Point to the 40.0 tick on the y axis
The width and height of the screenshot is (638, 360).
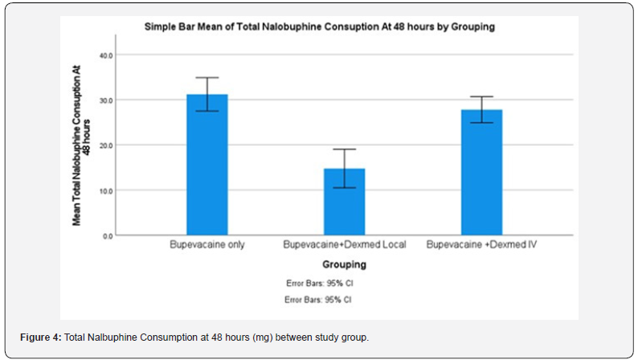[x=106, y=55]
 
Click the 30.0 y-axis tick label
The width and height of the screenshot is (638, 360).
[x=106, y=100]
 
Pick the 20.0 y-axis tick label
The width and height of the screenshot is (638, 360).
[x=106, y=145]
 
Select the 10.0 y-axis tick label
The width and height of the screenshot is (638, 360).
[x=106, y=190]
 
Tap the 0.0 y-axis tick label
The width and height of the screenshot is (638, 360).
[x=108, y=236]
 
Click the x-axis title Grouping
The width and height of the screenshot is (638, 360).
[x=344, y=264]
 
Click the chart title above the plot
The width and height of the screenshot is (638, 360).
[x=319, y=27]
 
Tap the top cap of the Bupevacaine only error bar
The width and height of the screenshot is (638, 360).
[x=207, y=78]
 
